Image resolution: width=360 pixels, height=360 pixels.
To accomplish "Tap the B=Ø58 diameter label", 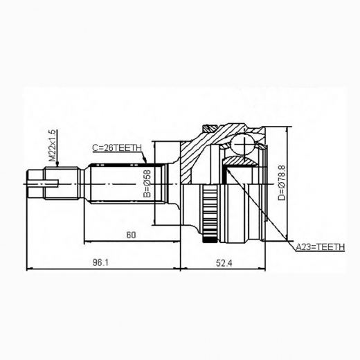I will point(147,186).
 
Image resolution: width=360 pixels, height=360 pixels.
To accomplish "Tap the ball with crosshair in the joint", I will point(242,145).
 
